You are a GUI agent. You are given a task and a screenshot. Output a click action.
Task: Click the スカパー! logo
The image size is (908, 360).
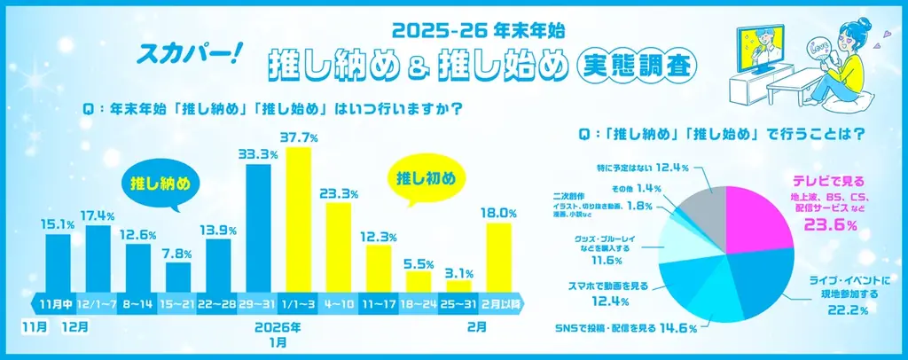184,54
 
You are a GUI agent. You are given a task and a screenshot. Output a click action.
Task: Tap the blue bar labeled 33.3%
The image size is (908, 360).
258,226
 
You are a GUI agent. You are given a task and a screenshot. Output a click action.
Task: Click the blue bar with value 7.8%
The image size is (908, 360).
178,276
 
